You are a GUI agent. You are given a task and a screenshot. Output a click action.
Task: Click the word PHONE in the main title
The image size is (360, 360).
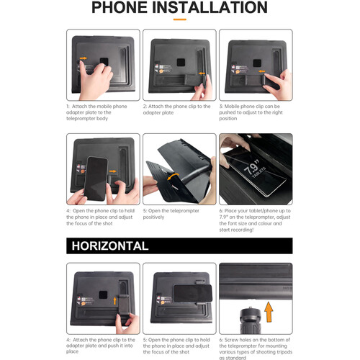coord(120,7)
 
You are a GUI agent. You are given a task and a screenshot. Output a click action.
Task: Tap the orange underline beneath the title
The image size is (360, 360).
coord(180,19)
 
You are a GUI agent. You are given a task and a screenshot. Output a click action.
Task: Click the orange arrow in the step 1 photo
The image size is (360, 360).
coord(84,58)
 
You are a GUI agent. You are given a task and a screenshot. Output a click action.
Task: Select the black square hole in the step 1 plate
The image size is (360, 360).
coord(104,62)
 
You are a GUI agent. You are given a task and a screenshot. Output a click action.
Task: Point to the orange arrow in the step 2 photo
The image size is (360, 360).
coord(202,73)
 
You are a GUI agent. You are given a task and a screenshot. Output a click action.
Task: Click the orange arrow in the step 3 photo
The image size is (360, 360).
coord(262,71)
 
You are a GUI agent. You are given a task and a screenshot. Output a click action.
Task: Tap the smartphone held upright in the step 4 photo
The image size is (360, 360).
coord(96,179)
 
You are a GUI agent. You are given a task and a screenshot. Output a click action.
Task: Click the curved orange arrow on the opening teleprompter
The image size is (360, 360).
coord(173,176)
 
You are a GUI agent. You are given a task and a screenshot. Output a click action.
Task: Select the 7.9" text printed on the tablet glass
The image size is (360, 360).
coord(252,167)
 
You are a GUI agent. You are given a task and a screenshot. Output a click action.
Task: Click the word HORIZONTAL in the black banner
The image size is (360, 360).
coord(110,246)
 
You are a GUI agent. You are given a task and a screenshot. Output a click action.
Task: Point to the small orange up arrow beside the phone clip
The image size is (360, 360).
coord(115,301)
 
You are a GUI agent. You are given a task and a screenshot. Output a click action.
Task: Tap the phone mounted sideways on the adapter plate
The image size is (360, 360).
coord(193,293)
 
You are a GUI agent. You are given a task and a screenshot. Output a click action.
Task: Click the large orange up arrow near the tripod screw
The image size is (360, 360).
coord(269,312)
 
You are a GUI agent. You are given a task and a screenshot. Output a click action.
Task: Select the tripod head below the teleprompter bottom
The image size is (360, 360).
coord(251,320)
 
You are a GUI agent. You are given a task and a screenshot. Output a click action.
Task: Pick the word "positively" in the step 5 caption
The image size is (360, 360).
coord(153,217)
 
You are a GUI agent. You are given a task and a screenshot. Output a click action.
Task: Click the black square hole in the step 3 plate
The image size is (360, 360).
coord(257,63)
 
